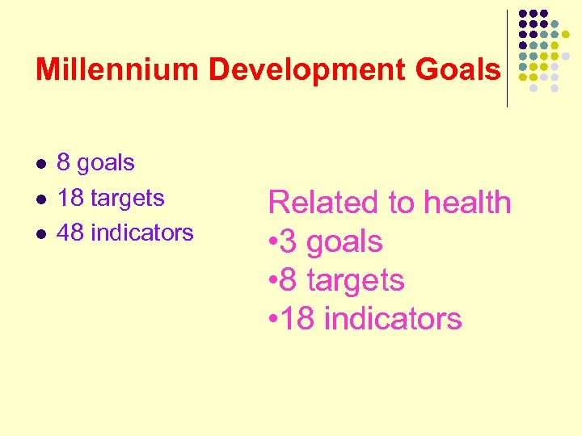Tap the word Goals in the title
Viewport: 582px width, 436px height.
tap(458, 70)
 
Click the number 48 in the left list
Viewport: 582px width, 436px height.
tap(71, 233)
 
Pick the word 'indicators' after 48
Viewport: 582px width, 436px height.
tap(142, 233)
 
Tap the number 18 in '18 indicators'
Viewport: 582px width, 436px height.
tap(299, 319)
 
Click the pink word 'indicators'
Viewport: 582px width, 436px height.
tap(393, 319)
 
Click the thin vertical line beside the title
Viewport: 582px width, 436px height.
tap(507, 58)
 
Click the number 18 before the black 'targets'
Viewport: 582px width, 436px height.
tap(71, 198)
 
